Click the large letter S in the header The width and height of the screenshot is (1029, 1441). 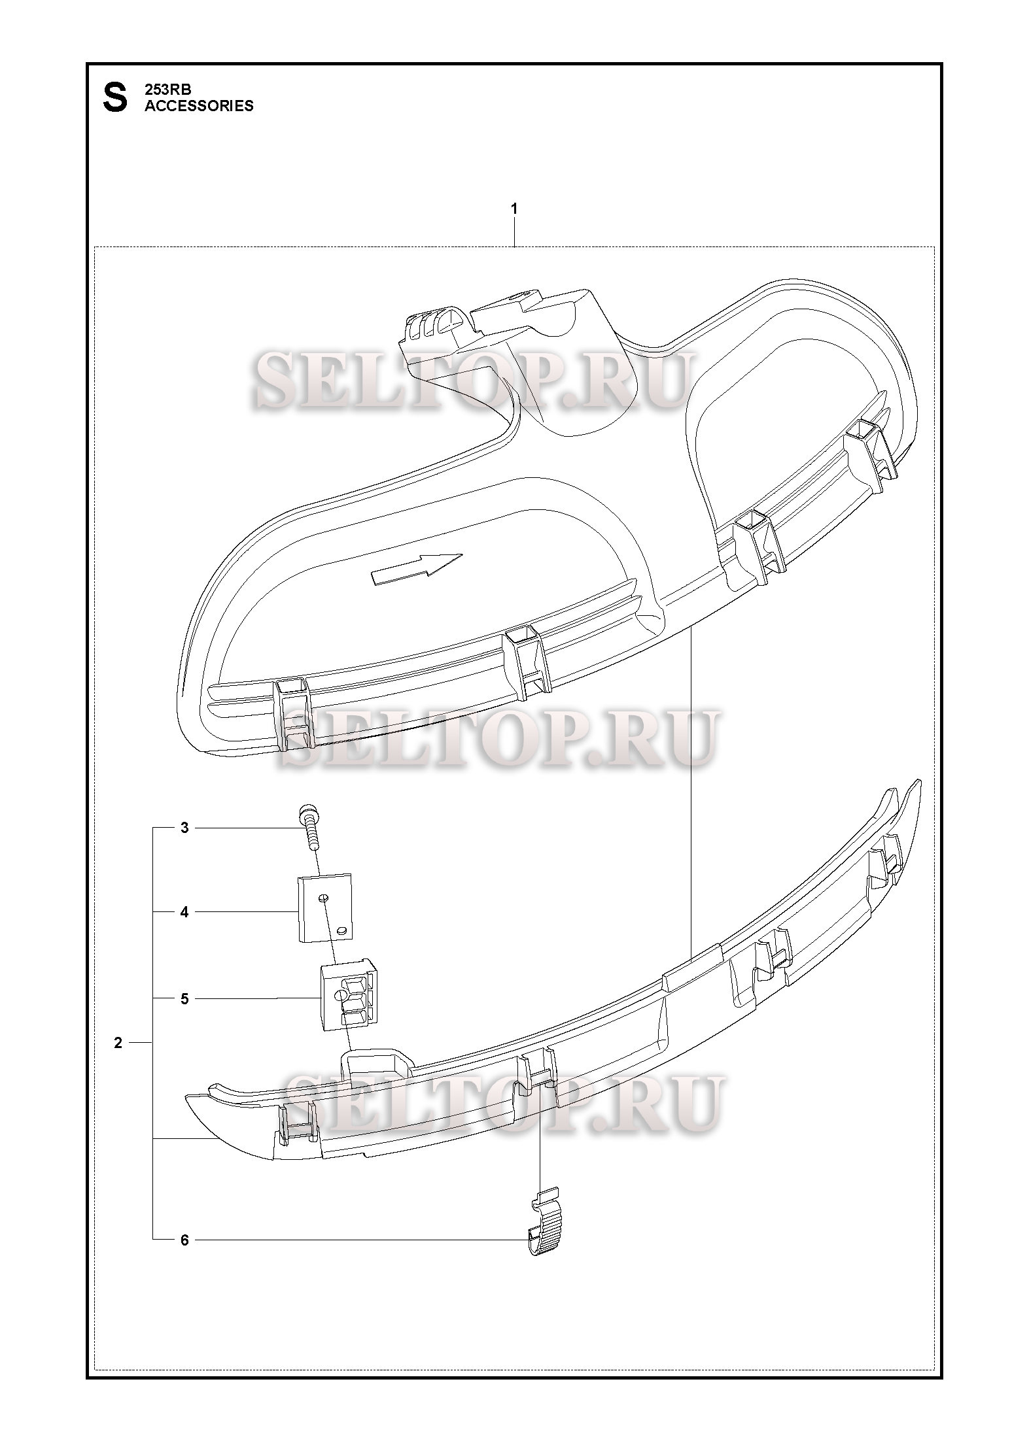tap(115, 98)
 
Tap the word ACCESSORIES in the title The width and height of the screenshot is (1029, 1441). tap(199, 106)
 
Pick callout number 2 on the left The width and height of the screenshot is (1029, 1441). tap(118, 1043)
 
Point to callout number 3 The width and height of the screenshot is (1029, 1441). tap(184, 828)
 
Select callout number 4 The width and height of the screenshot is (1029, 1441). tap(184, 911)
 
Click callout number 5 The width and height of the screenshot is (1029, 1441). tap(184, 998)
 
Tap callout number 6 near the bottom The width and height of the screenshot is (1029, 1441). tap(184, 1240)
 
